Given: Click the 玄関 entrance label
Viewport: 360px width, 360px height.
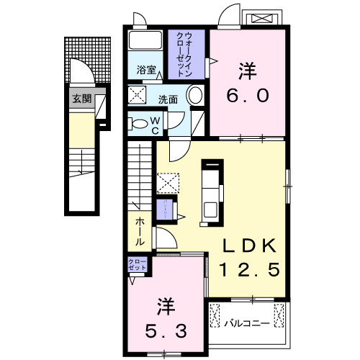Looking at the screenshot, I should tap(81, 99).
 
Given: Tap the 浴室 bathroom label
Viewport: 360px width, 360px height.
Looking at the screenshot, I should tap(147, 70).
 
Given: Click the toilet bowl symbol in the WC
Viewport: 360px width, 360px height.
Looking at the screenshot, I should tap(138, 123).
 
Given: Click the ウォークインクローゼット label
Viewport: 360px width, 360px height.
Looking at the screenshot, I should tap(188, 50).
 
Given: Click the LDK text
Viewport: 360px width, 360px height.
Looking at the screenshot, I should tap(249, 247).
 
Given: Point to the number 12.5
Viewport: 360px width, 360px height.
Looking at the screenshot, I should tap(249, 271).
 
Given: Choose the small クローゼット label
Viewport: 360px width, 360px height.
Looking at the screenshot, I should tap(137, 264).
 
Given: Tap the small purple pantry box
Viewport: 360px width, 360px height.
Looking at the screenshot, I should tap(166, 206).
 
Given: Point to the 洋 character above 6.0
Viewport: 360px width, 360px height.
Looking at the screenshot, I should tap(248, 71).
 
